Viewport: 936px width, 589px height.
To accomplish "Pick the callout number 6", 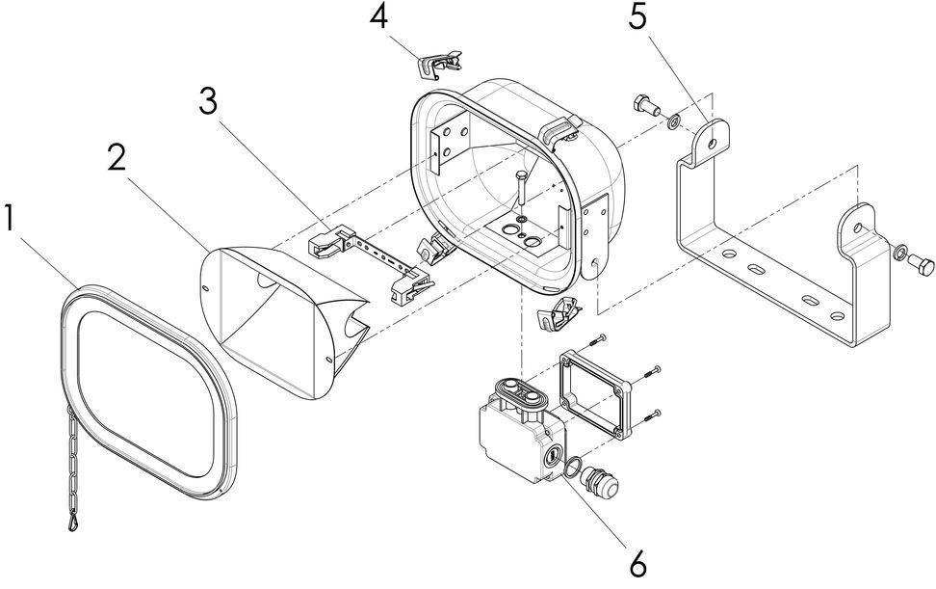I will [x=638, y=560].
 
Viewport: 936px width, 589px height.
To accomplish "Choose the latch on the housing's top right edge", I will [x=562, y=132].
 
